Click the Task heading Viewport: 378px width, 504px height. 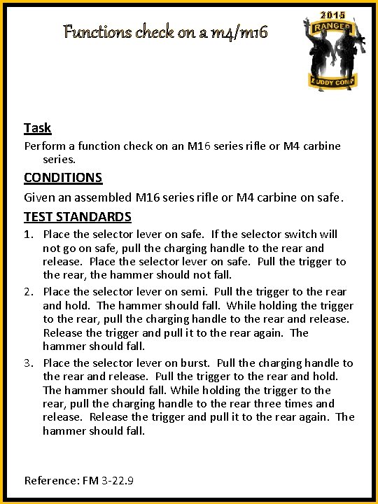(37, 127)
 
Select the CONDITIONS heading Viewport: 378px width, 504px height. (63, 177)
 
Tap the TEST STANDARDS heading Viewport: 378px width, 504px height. (78, 216)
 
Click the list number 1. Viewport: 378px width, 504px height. (29, 234)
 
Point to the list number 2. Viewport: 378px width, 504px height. (29, 292)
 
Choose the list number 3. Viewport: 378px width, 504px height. (29, 363)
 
